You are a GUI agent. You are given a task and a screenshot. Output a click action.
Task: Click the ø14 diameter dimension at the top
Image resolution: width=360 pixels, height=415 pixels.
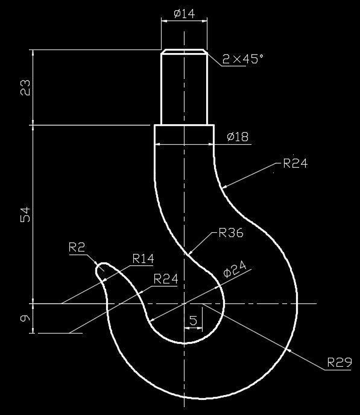184,14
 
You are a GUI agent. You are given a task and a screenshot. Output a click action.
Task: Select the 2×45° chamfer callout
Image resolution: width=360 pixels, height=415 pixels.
243,59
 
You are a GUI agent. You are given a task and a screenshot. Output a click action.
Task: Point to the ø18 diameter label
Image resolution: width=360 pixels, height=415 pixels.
238,137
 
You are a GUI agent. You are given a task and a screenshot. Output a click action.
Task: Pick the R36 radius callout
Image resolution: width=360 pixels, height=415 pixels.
231,233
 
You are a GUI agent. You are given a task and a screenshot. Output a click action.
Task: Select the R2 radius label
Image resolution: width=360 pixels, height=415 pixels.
78,247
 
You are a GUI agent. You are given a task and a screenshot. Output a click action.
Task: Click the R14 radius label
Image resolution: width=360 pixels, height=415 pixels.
143,259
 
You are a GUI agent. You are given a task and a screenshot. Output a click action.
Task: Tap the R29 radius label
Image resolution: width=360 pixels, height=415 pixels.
339,363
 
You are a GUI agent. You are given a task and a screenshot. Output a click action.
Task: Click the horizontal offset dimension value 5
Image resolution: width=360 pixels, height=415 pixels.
193,321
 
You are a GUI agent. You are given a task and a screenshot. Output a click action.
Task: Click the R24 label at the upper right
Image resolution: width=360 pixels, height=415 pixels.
295,163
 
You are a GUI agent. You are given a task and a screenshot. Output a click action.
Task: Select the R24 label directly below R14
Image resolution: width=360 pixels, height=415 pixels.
166,279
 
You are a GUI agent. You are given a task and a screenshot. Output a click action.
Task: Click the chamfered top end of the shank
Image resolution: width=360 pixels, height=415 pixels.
184,52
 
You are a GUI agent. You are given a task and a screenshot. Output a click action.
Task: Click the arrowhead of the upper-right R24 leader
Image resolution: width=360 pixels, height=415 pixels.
224,188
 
